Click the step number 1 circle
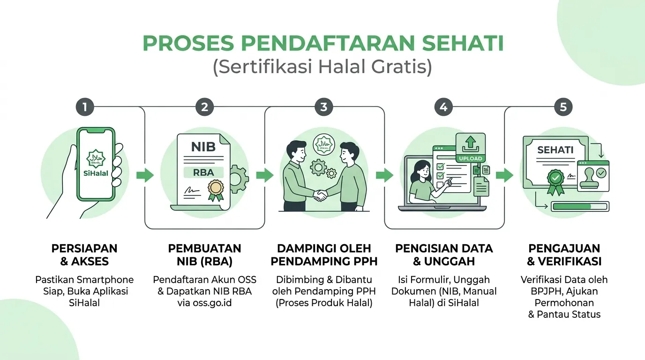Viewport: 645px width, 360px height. coord(85,107)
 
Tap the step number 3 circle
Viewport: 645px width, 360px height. coord(324,107)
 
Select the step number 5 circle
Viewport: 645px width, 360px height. coord(563,107)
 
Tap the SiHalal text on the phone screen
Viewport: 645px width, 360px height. coord(96,173)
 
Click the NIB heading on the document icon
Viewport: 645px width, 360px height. coord(203,147)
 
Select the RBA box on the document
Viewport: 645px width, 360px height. coord(203,172)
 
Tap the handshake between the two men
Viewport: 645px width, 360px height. coord(320,195)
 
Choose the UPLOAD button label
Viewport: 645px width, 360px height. coord(471,158)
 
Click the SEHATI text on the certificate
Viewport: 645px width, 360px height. coord(555,150)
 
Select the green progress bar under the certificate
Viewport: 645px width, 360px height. coord(580,207)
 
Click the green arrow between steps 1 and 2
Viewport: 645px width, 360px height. coord(145,175)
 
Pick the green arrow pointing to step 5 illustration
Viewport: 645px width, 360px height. coord(504,175)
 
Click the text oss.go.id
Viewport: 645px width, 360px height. coord(212,303)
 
